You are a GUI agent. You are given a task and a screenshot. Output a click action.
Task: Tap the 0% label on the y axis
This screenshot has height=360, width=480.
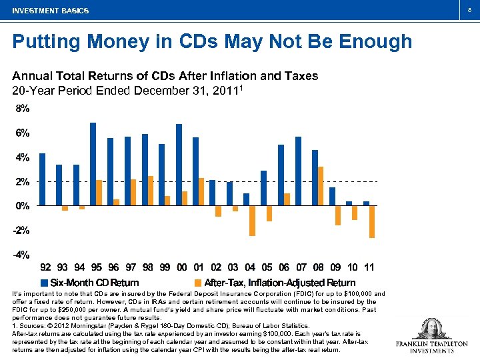[22, 206]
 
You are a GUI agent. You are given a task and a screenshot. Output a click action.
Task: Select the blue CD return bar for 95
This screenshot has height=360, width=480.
[93, 164]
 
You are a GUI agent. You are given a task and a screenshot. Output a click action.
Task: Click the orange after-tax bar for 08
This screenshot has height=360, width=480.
[321, 186]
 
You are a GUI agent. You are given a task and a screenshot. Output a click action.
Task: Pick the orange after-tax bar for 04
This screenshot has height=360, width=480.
[253, 221]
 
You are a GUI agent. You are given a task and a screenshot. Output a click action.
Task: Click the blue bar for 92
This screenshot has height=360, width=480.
[42, 179]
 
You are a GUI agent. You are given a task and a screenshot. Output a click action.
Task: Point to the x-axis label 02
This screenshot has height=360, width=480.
[216, 267]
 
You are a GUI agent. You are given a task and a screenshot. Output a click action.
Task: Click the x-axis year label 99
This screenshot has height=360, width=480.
[165, 267]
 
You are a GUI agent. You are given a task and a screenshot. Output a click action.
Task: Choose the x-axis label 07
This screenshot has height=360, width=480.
[301, 267]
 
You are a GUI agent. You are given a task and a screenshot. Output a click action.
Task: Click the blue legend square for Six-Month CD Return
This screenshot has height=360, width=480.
[44, 282]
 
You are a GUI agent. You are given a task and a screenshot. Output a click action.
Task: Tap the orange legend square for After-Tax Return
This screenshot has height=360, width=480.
[198, 282]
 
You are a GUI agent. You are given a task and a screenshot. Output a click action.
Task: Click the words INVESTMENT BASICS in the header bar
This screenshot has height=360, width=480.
[50, 11]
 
